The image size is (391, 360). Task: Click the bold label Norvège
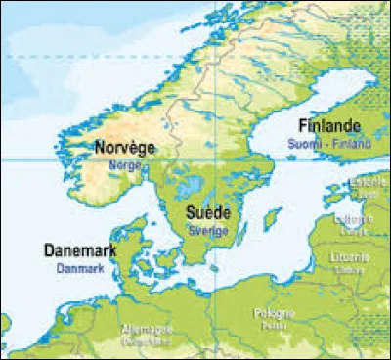tap(125, 148)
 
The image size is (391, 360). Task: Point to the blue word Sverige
tap(208, 229)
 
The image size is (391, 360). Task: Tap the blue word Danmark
tap(81, 266)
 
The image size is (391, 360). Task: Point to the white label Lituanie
tap(345, 258)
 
